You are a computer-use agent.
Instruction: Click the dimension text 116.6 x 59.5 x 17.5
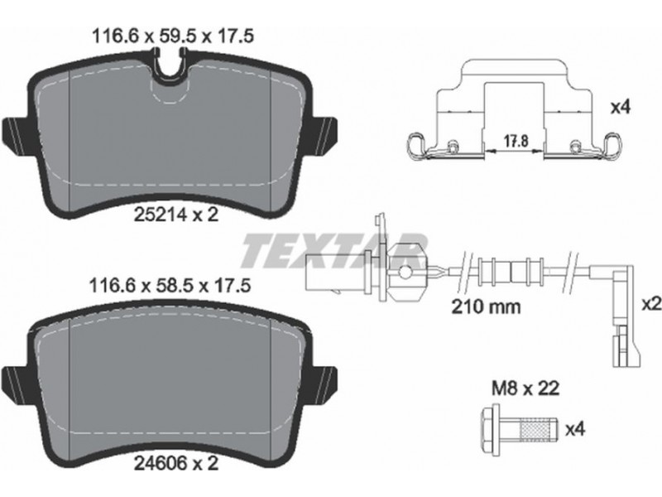pyautogui.click(x=173, y=36)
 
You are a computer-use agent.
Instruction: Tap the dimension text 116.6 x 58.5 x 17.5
pyautogui.click(x=170, y=286)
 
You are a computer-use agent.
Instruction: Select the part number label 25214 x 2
pyautogui.click(x=176, y=215)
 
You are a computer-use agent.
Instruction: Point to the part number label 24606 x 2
pyautogui.click(x=176, y=464)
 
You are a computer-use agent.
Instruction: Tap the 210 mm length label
pyautogui.click(x=486, y=306)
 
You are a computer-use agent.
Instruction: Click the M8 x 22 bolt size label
pyautogui.click(x=525, y=388)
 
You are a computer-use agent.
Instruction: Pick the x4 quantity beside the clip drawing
pyautogui.click(x=621, y=108)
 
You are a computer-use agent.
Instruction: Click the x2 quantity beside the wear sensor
pyautogui.click(x=651, y=304)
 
